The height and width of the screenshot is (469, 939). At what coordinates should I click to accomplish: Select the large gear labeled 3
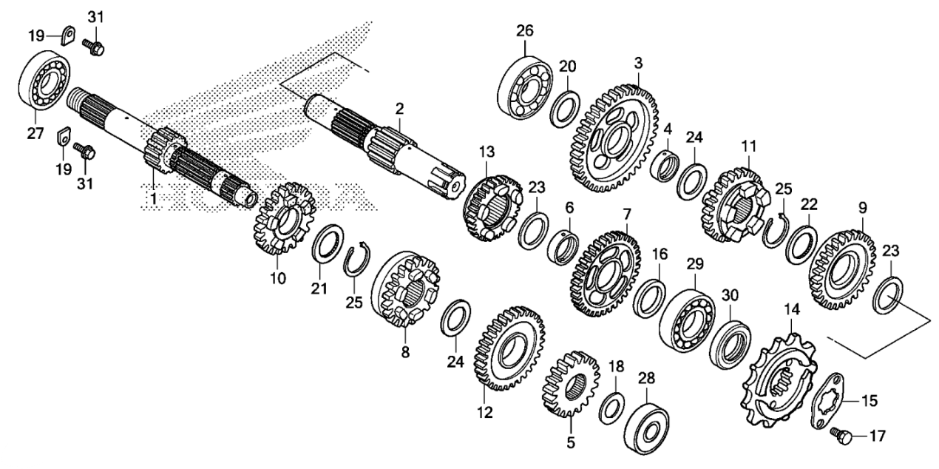point(615,140)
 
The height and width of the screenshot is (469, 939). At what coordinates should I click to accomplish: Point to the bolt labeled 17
point(844,436)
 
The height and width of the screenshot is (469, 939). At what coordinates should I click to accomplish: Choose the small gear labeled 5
point(571,383)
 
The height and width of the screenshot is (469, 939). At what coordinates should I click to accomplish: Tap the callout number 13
point(485,152)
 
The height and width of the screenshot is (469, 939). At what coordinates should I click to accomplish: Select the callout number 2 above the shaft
point(399,109)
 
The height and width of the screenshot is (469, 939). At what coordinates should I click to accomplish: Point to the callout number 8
point(405,353)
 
